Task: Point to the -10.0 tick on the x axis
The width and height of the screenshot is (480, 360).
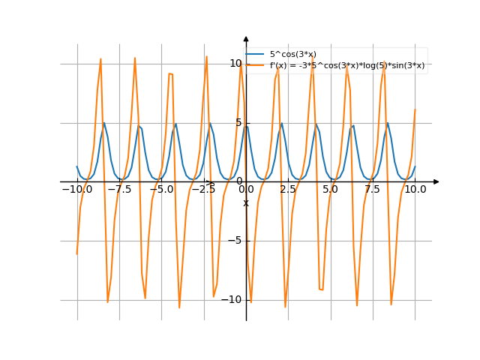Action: [x=76, y=190]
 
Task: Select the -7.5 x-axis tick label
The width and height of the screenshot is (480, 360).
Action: [x=118, y=190]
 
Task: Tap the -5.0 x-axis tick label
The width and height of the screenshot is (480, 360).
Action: [x=161, y=190]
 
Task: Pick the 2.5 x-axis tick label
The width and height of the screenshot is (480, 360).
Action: [x=288, y=190]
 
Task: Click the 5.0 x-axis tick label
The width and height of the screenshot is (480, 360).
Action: [x=330, y=190]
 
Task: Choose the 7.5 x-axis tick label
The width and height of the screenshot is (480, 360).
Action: [x=373, y=190]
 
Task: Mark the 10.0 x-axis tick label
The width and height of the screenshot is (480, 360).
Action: [x=415, y=190]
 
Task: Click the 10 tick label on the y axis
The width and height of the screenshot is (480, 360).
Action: [x=235, y=63]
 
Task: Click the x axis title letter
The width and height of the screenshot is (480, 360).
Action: [x=245, y=203]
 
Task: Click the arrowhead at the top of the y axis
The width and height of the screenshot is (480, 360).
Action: [x=246, y=38]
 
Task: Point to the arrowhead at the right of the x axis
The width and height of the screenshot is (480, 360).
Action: [x=436, y=181]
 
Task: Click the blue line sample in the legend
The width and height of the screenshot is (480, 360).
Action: [x=256, y=54]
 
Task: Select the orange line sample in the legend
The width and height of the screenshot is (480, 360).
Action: [x=256, y=65]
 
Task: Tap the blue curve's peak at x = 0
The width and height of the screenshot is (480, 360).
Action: [x=246, y=123]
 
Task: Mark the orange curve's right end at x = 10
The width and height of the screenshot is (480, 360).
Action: [x=415, y=110]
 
